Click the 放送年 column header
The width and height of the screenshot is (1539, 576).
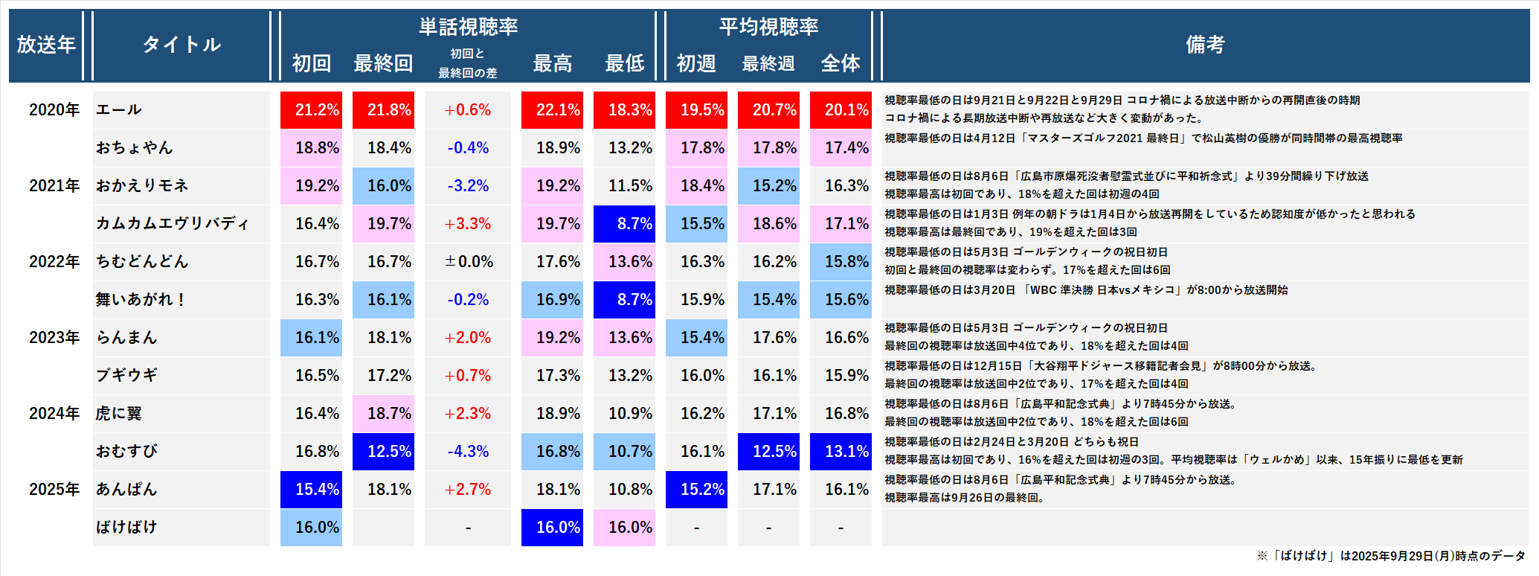pos(46,45)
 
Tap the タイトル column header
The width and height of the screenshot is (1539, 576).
pos(181,45)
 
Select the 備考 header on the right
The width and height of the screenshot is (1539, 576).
pos(1204,45)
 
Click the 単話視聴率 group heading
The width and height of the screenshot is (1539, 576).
pos(468,27)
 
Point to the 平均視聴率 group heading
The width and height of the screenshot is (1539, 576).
pos(768,27)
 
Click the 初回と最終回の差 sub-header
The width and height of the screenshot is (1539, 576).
pos(468,63)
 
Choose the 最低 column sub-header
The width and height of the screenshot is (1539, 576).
pos(624,63)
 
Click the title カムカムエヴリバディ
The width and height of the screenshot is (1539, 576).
pos(173,223)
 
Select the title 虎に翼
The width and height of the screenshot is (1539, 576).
pos(119,413)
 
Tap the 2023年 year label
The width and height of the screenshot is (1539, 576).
pos(54,337)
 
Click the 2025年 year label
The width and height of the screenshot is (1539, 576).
pos(54,489)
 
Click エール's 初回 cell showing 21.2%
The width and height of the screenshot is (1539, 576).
pos(312,110)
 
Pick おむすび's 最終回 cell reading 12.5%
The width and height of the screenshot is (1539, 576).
pos(384,451)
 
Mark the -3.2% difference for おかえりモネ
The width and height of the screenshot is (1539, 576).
pos(468,185)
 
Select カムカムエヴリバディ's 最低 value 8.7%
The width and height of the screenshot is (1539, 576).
pos(625,223)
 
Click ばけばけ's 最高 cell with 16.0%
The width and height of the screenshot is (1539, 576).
pos(553,527)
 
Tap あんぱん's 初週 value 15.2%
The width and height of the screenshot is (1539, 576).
pos(697,489)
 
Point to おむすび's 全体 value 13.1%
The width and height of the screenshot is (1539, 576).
pos(841,451)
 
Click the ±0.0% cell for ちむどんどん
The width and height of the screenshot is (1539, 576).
pos(468,261)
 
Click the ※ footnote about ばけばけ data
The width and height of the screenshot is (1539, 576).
pos(1390,556)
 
